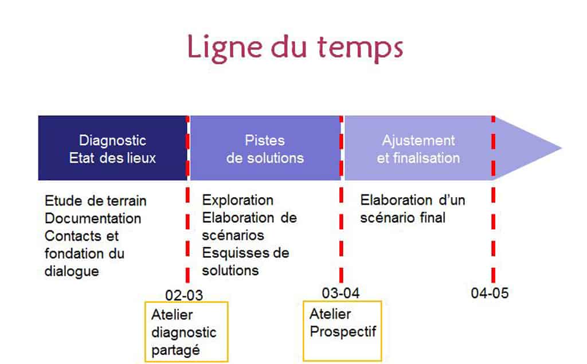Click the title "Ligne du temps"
(295, 48)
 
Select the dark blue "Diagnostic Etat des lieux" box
(112, 148)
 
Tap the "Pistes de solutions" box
(265, 148)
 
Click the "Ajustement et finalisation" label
(418, 149)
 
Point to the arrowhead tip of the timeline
(562, 148)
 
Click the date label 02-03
(184, 295)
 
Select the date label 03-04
(341, 293)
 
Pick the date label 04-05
(490, 293)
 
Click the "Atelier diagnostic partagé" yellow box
(186, 332)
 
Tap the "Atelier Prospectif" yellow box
(342, 331)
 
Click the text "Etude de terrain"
(96, 201)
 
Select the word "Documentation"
(93, 218)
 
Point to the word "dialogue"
(72, 272)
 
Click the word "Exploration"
(238, 201)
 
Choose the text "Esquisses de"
(245, 253)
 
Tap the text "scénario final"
(403, 218)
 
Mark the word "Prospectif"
(343, 332)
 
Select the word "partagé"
(175, 350)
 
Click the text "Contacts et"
(81, 236)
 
